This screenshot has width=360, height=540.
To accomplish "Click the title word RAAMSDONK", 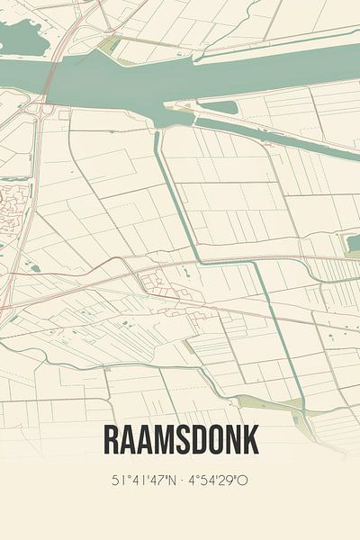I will (x=181, y=439).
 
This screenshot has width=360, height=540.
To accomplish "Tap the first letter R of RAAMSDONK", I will (x=112, y=439).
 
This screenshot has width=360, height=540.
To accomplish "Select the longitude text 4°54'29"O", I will (x=219, y=480).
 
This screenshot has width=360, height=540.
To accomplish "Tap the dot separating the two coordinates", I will (x=181, y=480).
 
